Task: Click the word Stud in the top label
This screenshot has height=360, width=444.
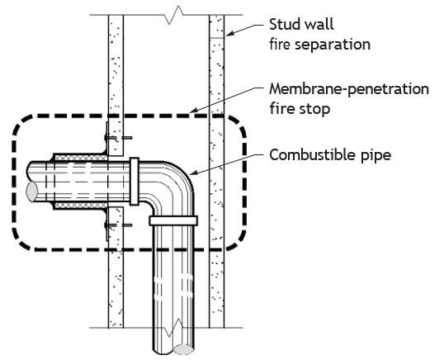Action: [x=286, y=25]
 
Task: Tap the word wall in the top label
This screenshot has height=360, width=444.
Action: [x=320, y=25]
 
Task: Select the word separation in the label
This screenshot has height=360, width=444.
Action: [x=333, y=45]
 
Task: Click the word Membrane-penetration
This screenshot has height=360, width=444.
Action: [x=349, y=89]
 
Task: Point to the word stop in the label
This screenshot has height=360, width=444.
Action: [x=317, y=109]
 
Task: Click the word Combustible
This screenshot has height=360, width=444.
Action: [x=312, y=154]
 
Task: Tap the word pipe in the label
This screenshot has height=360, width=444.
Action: [x=376, y=155]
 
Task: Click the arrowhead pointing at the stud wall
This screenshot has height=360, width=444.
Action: [x=230, y=33]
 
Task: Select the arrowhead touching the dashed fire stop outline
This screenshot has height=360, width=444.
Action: [x=194, y=110]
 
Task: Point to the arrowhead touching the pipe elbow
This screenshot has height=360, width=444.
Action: [x=193, y=173]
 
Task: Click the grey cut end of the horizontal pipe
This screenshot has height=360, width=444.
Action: [x=31, y=192]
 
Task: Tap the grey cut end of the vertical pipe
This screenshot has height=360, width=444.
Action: [x=184, y=349]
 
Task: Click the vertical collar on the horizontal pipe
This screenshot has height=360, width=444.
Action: [x=135, y=182]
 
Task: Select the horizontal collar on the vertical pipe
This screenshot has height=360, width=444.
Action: [x=173, y=220]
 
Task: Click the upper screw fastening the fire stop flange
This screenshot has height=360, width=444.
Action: [x=118, y=138]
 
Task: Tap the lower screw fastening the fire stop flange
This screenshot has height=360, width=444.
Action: [x=118, y=225]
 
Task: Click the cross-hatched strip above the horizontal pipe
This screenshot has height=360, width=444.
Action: [x=81, y=158]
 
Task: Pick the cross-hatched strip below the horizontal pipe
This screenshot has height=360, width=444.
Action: [x=81, y=206]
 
